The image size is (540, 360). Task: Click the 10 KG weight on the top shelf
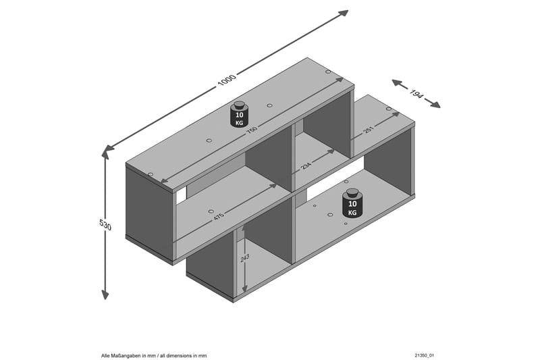click(x=238, y=116)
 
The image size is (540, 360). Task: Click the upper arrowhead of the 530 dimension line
click(x=105, y=154)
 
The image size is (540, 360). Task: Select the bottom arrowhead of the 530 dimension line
click(x=105, y=294)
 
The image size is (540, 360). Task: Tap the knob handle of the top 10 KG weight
click(x=238, y=105)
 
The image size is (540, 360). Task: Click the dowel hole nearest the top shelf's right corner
click(x=328, y=72)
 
